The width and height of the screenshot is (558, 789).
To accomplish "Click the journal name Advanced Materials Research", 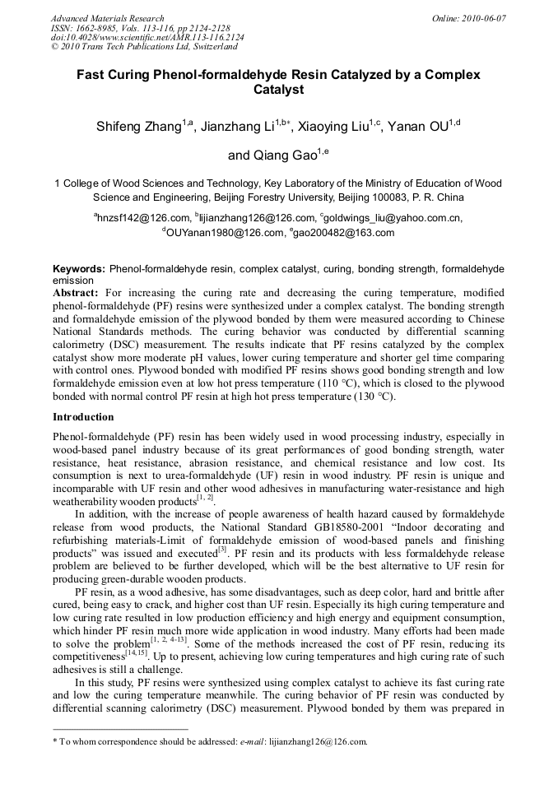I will click(107, 18).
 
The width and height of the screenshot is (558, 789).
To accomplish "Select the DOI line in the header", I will click(147, 38).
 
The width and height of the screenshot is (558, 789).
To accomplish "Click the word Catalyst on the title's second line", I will click(279, 89).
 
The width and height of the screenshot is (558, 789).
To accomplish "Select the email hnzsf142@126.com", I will click(143, 218).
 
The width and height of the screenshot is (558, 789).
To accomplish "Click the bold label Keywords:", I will click(79, 269).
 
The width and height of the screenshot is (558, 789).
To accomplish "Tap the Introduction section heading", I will click(83, 418).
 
